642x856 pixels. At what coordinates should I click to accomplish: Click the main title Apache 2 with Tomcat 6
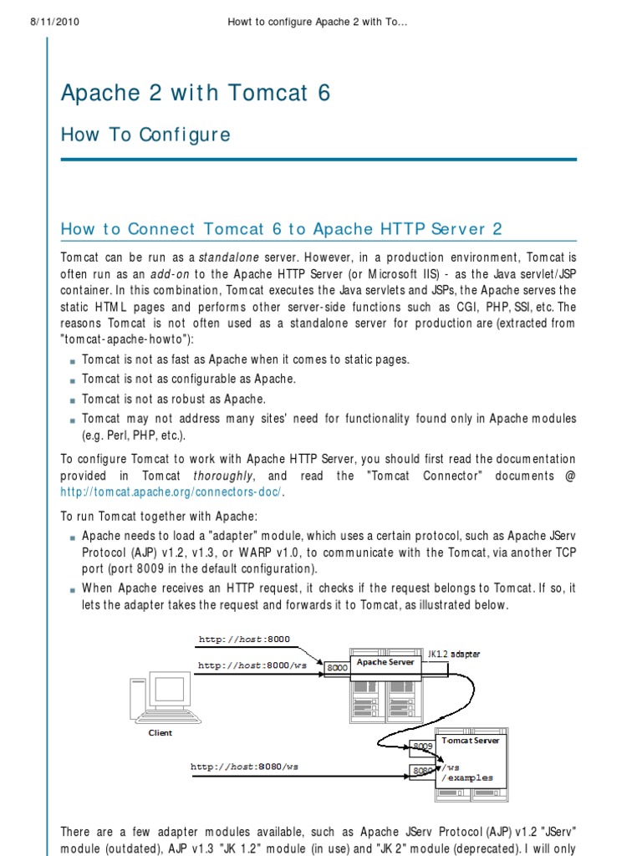click(x=196, y=93)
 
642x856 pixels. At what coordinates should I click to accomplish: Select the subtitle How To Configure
click(x=145, y=135)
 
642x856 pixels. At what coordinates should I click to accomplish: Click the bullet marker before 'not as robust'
click(x=73, y=400)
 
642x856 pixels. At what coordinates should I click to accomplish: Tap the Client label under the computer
click(x=160, y=733)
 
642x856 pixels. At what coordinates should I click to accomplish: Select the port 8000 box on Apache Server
click(x=337, y=668)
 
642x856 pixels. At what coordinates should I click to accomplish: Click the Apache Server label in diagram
click(x=385, y=662)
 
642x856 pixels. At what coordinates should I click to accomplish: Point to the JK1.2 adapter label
click(x=453, y=654)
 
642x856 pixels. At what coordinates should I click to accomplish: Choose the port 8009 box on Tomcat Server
click(x=421, y=746)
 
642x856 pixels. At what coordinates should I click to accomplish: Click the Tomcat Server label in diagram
click(x=470, y=741)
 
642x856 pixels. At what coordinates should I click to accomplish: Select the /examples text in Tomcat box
click(x=468, y=777)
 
